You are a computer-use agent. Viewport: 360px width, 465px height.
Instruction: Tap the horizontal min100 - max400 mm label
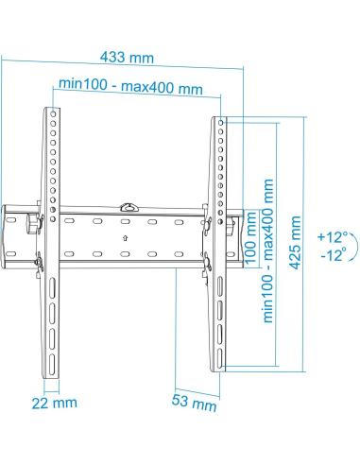tap(130, 88)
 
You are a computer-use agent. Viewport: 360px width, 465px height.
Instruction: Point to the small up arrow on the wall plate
tap(125, 238)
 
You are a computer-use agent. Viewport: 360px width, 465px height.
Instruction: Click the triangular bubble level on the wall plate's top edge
tap(129, 202)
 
